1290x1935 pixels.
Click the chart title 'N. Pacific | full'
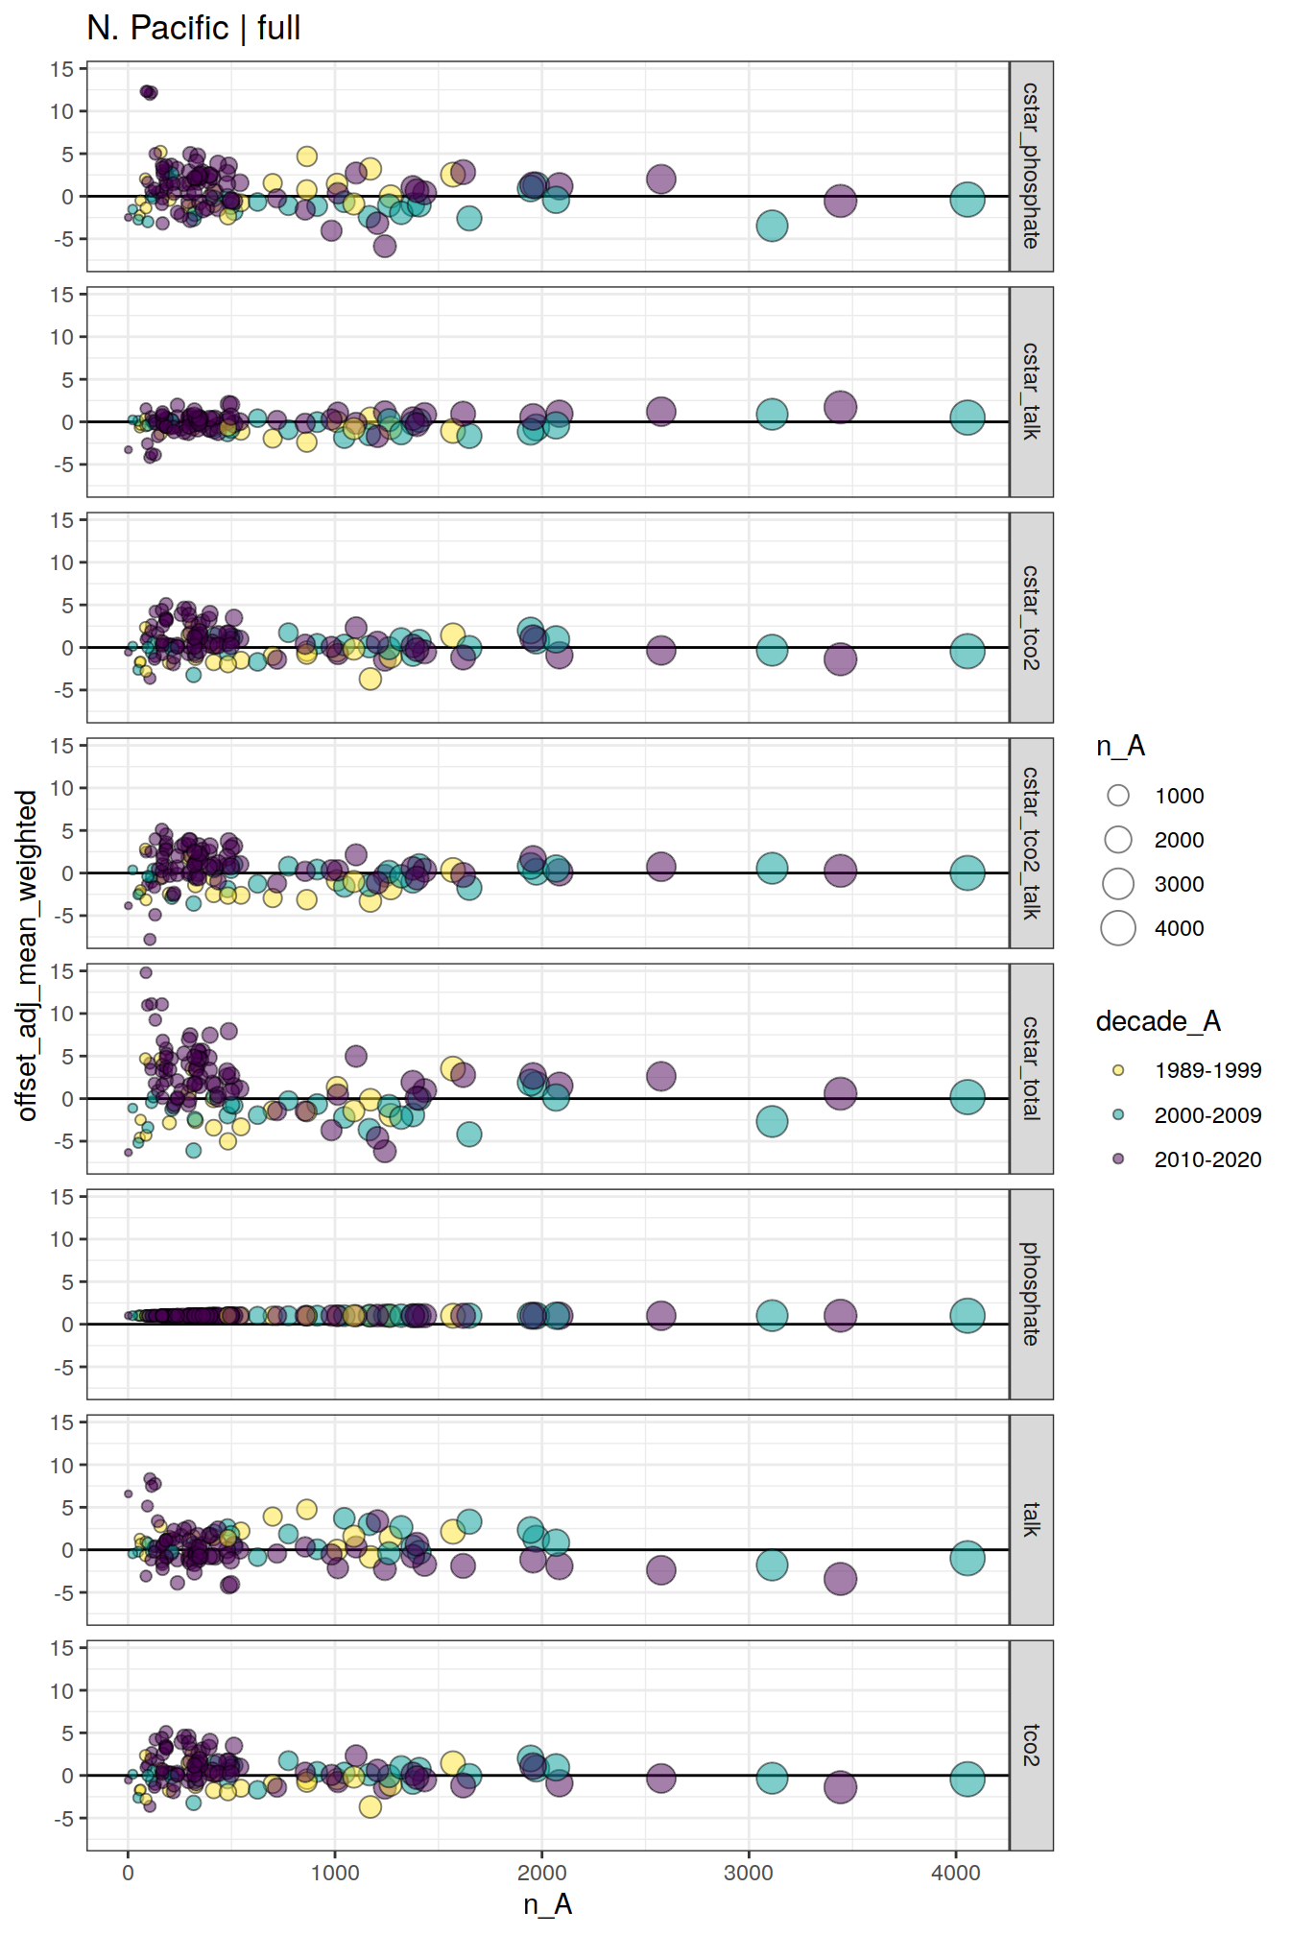[193, 28]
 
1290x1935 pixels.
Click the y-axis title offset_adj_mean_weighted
[27, 955]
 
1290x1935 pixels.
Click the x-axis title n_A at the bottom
[548, 1903]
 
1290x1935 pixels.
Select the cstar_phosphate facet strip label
[1031, 166]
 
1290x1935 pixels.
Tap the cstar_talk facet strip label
[1031, 392]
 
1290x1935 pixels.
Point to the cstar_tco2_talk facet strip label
[1031, 843]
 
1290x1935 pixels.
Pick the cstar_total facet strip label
[1031, 1068]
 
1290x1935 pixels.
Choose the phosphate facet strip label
[1031, 1294]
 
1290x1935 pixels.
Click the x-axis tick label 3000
[749, 1873]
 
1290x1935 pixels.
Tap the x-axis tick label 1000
[335, 1873]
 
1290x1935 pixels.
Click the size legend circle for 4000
[1118, 928]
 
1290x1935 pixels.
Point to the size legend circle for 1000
[1118, 796]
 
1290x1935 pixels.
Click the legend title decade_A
[1158, 1021]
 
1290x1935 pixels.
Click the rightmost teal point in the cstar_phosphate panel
[967, 200]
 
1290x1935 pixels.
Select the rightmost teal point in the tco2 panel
[967, 1779]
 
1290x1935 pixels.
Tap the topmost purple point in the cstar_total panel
[146, 972]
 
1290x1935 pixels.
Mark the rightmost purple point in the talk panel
[840, 1578]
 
